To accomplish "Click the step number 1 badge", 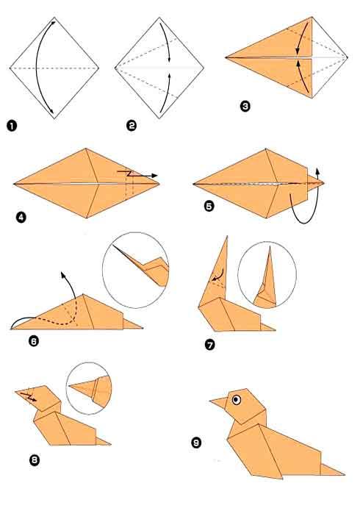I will (12, 126).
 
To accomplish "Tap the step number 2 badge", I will (132, 126).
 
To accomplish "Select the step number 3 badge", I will (245, 106).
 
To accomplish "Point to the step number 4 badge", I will (21, 217).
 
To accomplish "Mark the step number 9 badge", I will (196, 443).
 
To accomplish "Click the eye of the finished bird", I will (237, 400).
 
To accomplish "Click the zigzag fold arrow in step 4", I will (136, 175).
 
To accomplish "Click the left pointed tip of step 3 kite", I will (228, 56).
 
